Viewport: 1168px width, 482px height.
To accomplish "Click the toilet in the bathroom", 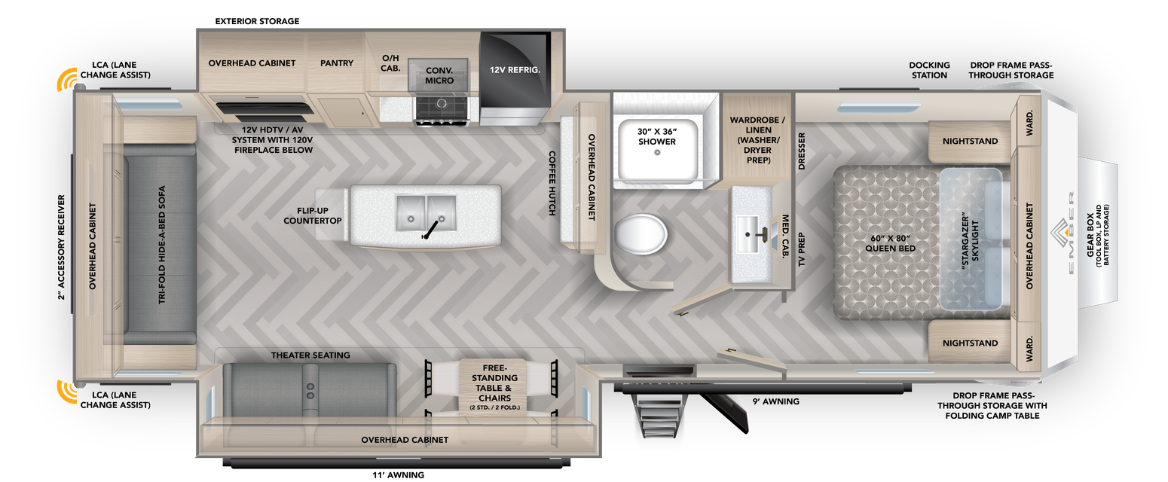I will [x=641, y=234].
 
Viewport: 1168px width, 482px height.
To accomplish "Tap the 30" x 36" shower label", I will [x=656, y=136].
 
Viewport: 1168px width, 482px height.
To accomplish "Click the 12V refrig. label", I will [x=515, y=70].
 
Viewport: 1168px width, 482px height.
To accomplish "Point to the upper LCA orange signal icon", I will [x=67, y=81].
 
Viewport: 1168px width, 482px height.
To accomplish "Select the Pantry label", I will [x=336, y=63].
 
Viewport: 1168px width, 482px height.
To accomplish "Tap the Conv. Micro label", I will [x=439, y=75].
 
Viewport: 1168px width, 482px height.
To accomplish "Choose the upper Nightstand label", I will [x=970, y=142].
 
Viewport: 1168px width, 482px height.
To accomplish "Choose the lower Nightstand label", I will [x=970, y=343].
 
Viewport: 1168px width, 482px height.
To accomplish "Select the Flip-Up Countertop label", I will [x=313, y=215].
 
